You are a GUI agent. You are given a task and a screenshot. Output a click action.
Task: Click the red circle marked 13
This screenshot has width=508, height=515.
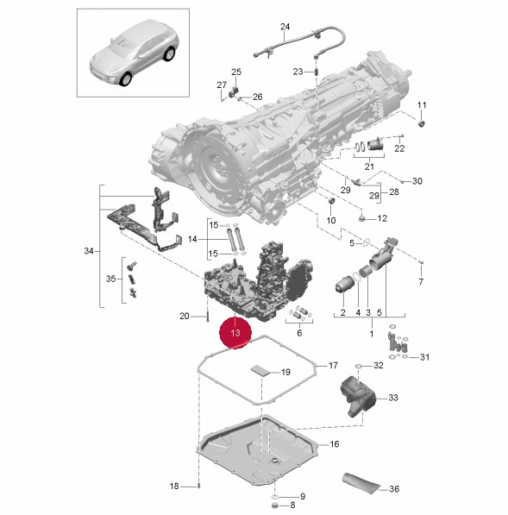pos(235,333)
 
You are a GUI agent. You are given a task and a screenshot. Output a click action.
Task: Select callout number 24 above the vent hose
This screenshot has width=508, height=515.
pos(285,27)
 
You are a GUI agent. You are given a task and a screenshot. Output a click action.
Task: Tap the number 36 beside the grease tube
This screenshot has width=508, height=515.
pos(394,489)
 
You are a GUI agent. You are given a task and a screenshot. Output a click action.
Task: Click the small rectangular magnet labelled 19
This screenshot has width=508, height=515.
pos(260,370)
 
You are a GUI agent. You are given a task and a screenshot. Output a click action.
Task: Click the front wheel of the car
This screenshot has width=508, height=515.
pos(125,79)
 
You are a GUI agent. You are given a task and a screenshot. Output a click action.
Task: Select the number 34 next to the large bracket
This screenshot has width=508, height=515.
pos(89,251)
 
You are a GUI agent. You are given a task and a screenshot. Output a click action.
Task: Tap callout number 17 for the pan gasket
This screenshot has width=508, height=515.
pos(333,365)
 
